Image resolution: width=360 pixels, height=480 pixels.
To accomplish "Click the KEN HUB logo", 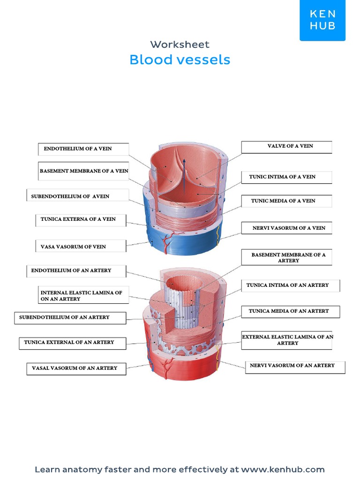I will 322,20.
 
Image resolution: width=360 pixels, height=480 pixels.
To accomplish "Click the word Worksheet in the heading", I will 180,45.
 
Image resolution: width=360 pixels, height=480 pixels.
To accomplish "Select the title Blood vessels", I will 180,60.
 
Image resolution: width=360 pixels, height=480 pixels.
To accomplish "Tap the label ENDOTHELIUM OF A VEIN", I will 78,149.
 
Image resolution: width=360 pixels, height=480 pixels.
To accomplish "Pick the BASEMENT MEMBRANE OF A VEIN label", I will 84,171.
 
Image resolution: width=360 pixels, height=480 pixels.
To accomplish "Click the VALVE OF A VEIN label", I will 290,146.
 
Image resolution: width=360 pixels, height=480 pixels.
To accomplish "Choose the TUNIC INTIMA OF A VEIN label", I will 282,177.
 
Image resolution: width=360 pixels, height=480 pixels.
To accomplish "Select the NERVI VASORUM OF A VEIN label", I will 289,228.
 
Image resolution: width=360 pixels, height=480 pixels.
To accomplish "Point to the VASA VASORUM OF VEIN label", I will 73,247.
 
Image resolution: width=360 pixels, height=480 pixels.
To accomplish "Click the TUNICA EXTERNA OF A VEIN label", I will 78,219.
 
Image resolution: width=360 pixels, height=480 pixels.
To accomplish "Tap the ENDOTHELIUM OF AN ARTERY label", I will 71,270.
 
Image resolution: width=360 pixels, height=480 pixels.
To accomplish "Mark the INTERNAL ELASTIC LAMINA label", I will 81,296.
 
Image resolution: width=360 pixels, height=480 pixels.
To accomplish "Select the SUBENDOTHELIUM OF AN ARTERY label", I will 64,317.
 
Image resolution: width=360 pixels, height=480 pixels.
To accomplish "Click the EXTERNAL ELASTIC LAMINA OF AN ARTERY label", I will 287,340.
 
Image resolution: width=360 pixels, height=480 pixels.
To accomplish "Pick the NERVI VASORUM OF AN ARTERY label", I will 292,366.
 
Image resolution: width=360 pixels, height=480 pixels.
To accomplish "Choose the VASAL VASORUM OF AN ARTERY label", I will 75,368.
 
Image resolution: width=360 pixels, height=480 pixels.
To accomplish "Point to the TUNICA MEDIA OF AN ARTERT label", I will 289,311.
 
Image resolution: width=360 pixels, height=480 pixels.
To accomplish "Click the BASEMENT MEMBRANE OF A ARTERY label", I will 288,257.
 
